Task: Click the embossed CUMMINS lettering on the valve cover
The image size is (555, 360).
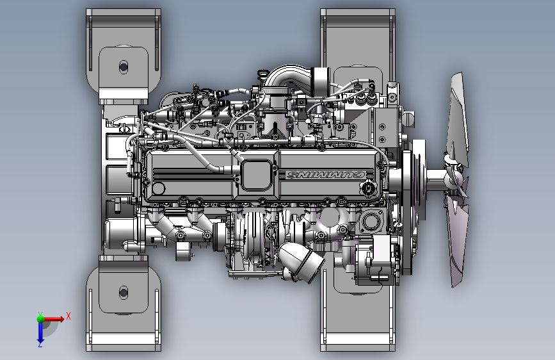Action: click(326, 175)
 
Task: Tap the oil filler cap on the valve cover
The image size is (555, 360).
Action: click(367, 188)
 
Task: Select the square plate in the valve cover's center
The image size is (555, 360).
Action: click(256, 175)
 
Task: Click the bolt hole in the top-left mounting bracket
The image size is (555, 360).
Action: click(124, 67)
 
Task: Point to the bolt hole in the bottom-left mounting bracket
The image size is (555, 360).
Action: click(124, 292)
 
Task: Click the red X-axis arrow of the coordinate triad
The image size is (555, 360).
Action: click(53, 319)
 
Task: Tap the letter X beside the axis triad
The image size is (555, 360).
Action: click(68, 316)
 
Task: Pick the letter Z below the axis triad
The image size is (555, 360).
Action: click(40, 344)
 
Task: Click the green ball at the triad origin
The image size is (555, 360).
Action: click(40, 319)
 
